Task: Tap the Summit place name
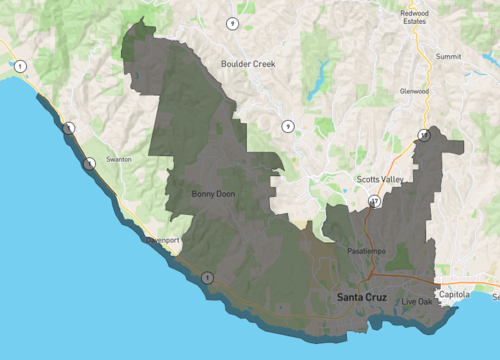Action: [x=449, y=57]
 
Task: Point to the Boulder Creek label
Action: [x=247, y=63]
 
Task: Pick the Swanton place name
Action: [x=118, y=159]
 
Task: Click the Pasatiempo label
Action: [x=365, y=249]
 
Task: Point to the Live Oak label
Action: [x=417, y=301]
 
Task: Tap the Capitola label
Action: [x=454, y=295]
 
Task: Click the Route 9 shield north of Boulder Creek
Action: [x=232, y=23]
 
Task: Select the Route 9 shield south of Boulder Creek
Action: [x=287, y=126]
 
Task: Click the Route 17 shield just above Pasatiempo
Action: [x=374, y=201]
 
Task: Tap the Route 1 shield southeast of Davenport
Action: [x=207, y=277]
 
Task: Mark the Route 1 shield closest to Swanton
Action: [x=89, y=163]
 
